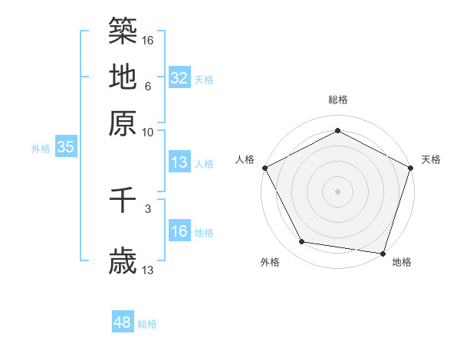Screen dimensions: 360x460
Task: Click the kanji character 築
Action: (123, 31)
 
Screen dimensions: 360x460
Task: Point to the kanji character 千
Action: (123, 202)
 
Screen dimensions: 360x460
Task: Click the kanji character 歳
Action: (123, 262)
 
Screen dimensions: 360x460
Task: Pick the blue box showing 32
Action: (179, 78)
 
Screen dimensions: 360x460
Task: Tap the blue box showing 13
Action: (179, 162)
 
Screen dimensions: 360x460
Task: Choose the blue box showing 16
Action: (179, 232)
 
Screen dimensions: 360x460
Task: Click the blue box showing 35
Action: (65, 148)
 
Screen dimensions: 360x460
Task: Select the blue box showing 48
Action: (123, 322)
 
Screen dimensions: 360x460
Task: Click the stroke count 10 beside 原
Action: (147, 132)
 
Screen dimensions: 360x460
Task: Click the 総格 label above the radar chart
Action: (337, 100)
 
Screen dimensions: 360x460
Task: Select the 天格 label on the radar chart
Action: (431, 159)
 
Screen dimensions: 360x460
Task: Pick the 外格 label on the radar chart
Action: (270, 263)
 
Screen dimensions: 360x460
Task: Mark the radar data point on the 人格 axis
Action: (264, 167)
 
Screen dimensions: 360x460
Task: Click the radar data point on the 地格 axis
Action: (383, 253)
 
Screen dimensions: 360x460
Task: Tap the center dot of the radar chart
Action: (337, 191)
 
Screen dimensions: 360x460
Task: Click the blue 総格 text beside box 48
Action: (147, 324)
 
